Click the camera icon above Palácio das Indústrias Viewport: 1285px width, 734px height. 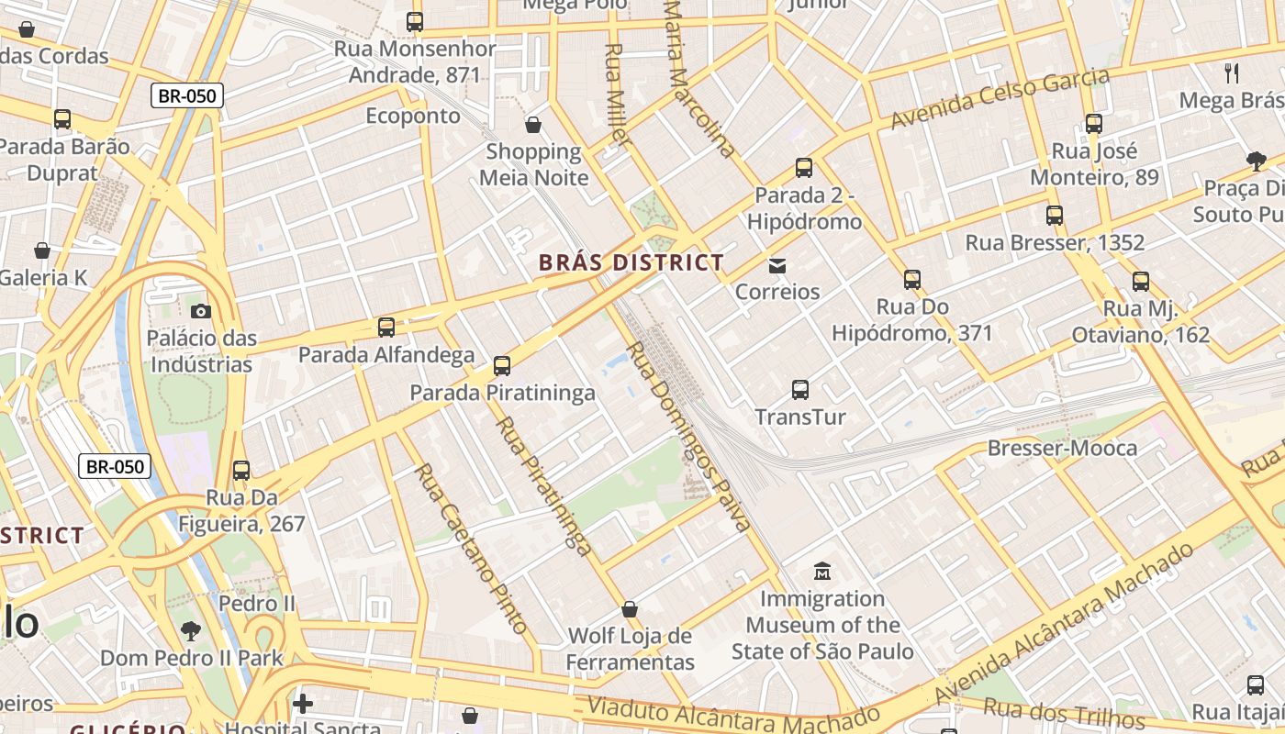[x=201, y=311]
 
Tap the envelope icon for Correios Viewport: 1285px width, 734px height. [x=777, y=265]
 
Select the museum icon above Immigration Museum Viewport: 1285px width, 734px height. [x=822, y=572]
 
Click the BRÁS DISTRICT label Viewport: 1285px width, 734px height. [x=631, y=262]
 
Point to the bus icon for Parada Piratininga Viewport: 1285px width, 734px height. [x=502, y=366]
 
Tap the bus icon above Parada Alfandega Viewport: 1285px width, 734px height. [x=386, y=328]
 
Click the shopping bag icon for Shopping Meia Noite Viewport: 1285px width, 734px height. [x=533, y=125]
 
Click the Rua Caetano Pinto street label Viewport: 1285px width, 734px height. [x=471, y=549]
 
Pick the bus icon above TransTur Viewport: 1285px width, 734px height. [x=800, y=390]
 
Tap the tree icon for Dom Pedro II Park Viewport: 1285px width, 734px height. [x=191, y=631]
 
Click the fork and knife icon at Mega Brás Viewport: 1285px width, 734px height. [x=1232, y=73]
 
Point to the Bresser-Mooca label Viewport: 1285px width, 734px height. [x=1062, y=448]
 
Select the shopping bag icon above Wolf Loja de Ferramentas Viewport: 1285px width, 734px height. [x=630, y=609]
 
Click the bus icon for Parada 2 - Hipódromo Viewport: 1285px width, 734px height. [x=804, y=168]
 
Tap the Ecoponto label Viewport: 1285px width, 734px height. [x=413, y=116]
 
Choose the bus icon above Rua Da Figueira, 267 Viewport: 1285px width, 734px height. [x=241, y=471]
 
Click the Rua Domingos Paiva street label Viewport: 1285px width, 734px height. [x=688, y=437]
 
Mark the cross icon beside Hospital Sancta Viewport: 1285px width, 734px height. [x=303, y=704]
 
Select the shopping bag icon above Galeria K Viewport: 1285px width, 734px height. [x=42, y=250]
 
